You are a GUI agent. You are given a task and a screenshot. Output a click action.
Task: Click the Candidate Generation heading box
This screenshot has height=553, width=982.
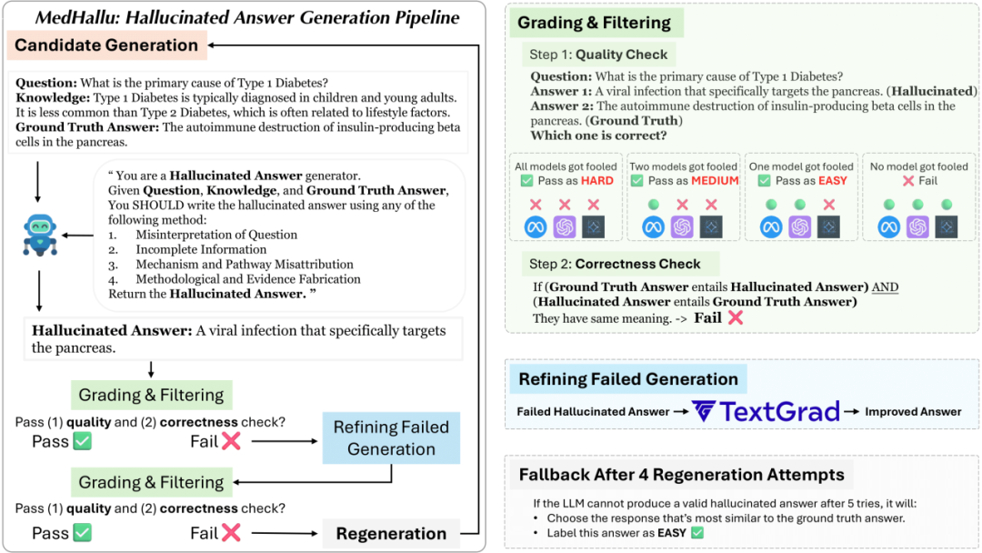pyautogui.click(x=106, y=45)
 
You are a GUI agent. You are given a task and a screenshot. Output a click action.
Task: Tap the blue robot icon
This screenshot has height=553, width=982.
pyautogui.click(x=40, y=235)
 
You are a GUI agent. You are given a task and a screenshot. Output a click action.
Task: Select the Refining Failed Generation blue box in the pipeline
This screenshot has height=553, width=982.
pyautogui.click(x=391, y=438)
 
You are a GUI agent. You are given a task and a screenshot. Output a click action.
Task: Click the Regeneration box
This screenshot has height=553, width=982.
pyautogui.click(x=391, y=534)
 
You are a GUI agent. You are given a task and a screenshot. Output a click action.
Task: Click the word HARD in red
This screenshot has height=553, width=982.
pyautogui.click(x=596, y=181)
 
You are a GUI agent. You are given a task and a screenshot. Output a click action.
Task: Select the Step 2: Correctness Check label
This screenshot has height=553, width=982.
pyautogui.click(x=615, y=264)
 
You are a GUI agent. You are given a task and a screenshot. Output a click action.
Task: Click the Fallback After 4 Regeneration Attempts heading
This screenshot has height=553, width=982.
pyautogui.click(x=682, y=475)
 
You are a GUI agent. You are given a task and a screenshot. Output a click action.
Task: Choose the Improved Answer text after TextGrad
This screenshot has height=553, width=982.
pyautogui.click(x=913, y=411)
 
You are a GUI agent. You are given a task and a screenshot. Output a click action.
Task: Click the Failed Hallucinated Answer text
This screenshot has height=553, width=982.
pyautogui.click(x=592, y=411)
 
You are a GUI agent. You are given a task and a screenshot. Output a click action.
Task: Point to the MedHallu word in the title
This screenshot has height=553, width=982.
pyautogui.click(x=76, y=17)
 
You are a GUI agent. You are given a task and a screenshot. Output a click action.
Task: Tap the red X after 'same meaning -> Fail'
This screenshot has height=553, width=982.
pyautogui.click(x=735, y=317)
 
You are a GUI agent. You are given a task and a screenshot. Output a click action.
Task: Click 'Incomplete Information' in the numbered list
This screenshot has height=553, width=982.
pyautogui.click(x=201, y=249)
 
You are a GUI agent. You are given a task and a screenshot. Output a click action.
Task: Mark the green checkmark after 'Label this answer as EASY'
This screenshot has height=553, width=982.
pyautogui.click(x=697, y=532)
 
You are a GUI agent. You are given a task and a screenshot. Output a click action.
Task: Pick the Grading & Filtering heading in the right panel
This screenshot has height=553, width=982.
pyautogui.click(x=595, y=23)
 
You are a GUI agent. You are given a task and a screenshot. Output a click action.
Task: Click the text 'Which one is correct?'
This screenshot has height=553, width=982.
pyautogui.click(x=598, y=136)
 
